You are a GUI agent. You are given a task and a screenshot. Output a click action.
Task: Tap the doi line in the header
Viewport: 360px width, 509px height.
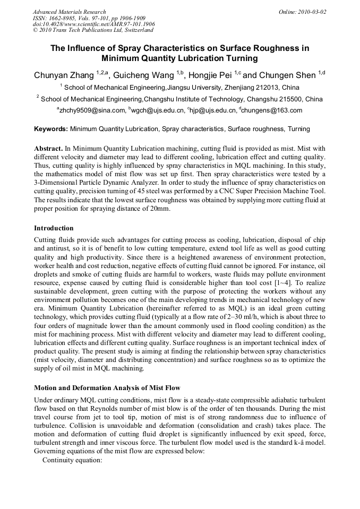point(93,24)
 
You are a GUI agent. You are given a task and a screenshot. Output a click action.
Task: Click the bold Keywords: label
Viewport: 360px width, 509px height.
point(51,129)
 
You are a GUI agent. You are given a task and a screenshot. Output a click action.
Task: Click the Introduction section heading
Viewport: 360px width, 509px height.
point(54,228)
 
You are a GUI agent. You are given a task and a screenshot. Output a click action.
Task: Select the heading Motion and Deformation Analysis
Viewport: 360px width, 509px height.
point(107,387)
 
